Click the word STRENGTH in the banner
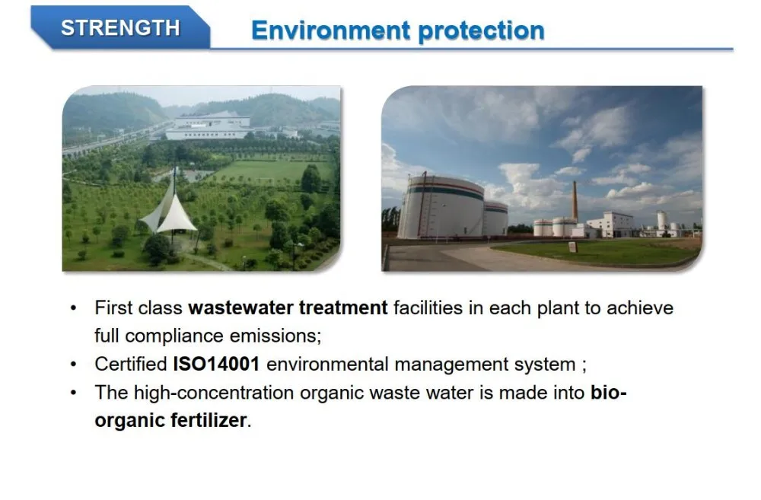[x=120, y=27]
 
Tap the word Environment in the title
[x=330, y=30]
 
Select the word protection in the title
[x=481, y=31]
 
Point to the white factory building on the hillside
[x=209, y=127]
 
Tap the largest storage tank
[x=441, y=207]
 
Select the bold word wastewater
[x=240, y=307]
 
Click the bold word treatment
[x=343, y=307]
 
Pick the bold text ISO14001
[x=216, y=364]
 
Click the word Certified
[x=131, y=364]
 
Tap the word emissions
[x=275, y=336]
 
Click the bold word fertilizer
[x=209, y=420]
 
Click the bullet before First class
[x=73, y=308]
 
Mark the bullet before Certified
[x=73, y=365]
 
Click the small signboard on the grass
[x=573, y=247]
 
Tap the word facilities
[x=428, y=307]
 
